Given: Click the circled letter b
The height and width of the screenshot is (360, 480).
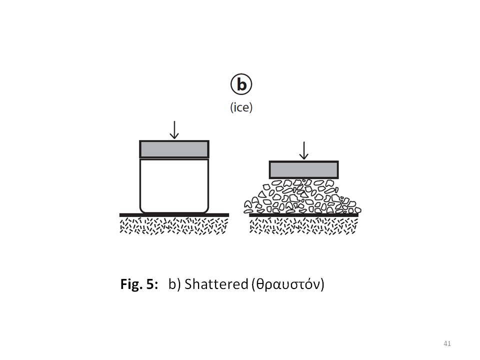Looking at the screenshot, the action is [x=241, y=84].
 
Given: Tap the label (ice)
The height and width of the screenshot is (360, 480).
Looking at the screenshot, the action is [x=241, y=107].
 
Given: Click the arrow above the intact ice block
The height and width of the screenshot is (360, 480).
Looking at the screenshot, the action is [x=174, y=130].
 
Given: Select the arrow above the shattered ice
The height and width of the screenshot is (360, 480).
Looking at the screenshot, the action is [x=303, y=150].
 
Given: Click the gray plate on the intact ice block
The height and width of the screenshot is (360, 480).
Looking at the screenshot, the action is [x=174, y=149].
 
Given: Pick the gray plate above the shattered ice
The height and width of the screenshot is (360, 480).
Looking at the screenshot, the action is [x=303, y=169].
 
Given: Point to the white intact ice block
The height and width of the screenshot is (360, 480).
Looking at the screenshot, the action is [x=174, y=185].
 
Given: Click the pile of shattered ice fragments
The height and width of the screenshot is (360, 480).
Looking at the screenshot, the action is [x=302, y=196].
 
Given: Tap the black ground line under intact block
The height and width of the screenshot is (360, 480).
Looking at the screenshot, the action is [x=174, y=215].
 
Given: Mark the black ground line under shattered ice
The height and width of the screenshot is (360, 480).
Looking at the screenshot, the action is [x=303, y=215].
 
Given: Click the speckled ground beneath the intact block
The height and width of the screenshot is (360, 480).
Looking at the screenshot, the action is [x=174, y=226].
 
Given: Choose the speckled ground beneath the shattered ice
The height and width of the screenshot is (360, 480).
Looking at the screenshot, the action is [x=303, y=226].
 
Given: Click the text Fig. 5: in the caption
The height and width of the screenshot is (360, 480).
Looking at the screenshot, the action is [x=139, y=284].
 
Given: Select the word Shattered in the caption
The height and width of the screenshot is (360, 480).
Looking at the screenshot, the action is [x=216, y=284].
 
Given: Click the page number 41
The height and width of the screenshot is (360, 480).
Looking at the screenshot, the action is [x=447, y=343].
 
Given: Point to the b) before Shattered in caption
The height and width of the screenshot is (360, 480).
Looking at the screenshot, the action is [x=174, y=284].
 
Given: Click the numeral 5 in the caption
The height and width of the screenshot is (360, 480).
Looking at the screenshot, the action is [x=150, y=284].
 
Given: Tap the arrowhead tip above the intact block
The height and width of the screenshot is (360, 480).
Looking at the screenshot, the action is [x=174, y=139].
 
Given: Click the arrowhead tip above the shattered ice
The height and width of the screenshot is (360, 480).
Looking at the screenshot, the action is [x=303, y=159].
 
